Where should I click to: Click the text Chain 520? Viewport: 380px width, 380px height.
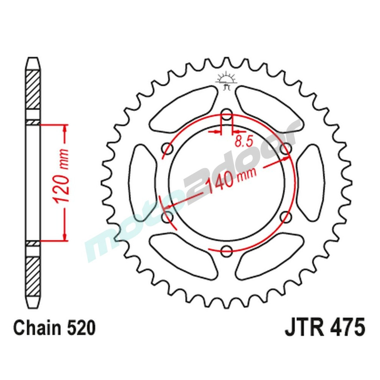(x=54, y=328)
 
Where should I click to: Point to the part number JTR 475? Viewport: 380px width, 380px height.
(x=325, y=328)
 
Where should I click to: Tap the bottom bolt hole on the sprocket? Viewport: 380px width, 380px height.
(x=226, y=250)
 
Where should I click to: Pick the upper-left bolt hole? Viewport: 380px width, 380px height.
(x=167, y=147)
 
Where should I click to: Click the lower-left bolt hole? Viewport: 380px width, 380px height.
(x=167, y=217)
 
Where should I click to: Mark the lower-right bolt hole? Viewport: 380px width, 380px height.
(x=286, y=217)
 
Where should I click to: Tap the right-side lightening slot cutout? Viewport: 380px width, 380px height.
(x=310, y=182)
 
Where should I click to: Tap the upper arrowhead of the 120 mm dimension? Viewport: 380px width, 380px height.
(x=65, y=129)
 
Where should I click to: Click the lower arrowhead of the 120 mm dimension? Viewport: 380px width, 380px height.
(x=65, y=236)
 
